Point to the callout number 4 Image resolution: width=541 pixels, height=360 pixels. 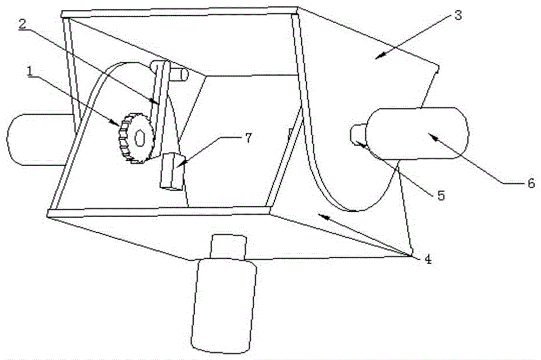click(x=427, y=259)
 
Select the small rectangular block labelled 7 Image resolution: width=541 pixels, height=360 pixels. click(x=171, y=172)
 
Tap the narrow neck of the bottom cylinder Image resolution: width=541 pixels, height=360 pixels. click(x=228, y=246)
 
